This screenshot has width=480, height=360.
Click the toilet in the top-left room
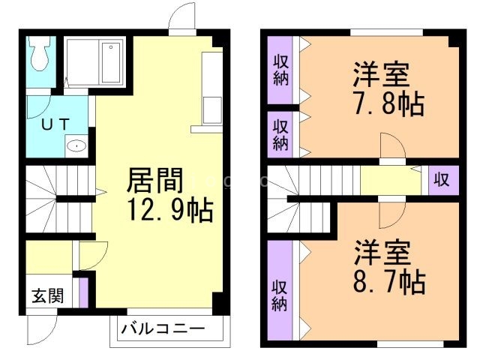[x=39, y=52]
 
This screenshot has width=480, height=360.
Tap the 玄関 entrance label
[x=47, y=295]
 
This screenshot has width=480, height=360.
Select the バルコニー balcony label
[x=163, y=328]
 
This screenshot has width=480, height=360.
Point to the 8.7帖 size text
[x=389, y=283]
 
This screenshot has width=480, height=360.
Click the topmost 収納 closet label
[x=280, y=69]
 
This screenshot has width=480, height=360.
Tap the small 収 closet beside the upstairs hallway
[x=442, y=181]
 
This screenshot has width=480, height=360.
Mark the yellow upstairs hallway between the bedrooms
[x=390, y=181]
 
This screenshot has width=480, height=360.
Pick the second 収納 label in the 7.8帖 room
[x=280, y=133]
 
